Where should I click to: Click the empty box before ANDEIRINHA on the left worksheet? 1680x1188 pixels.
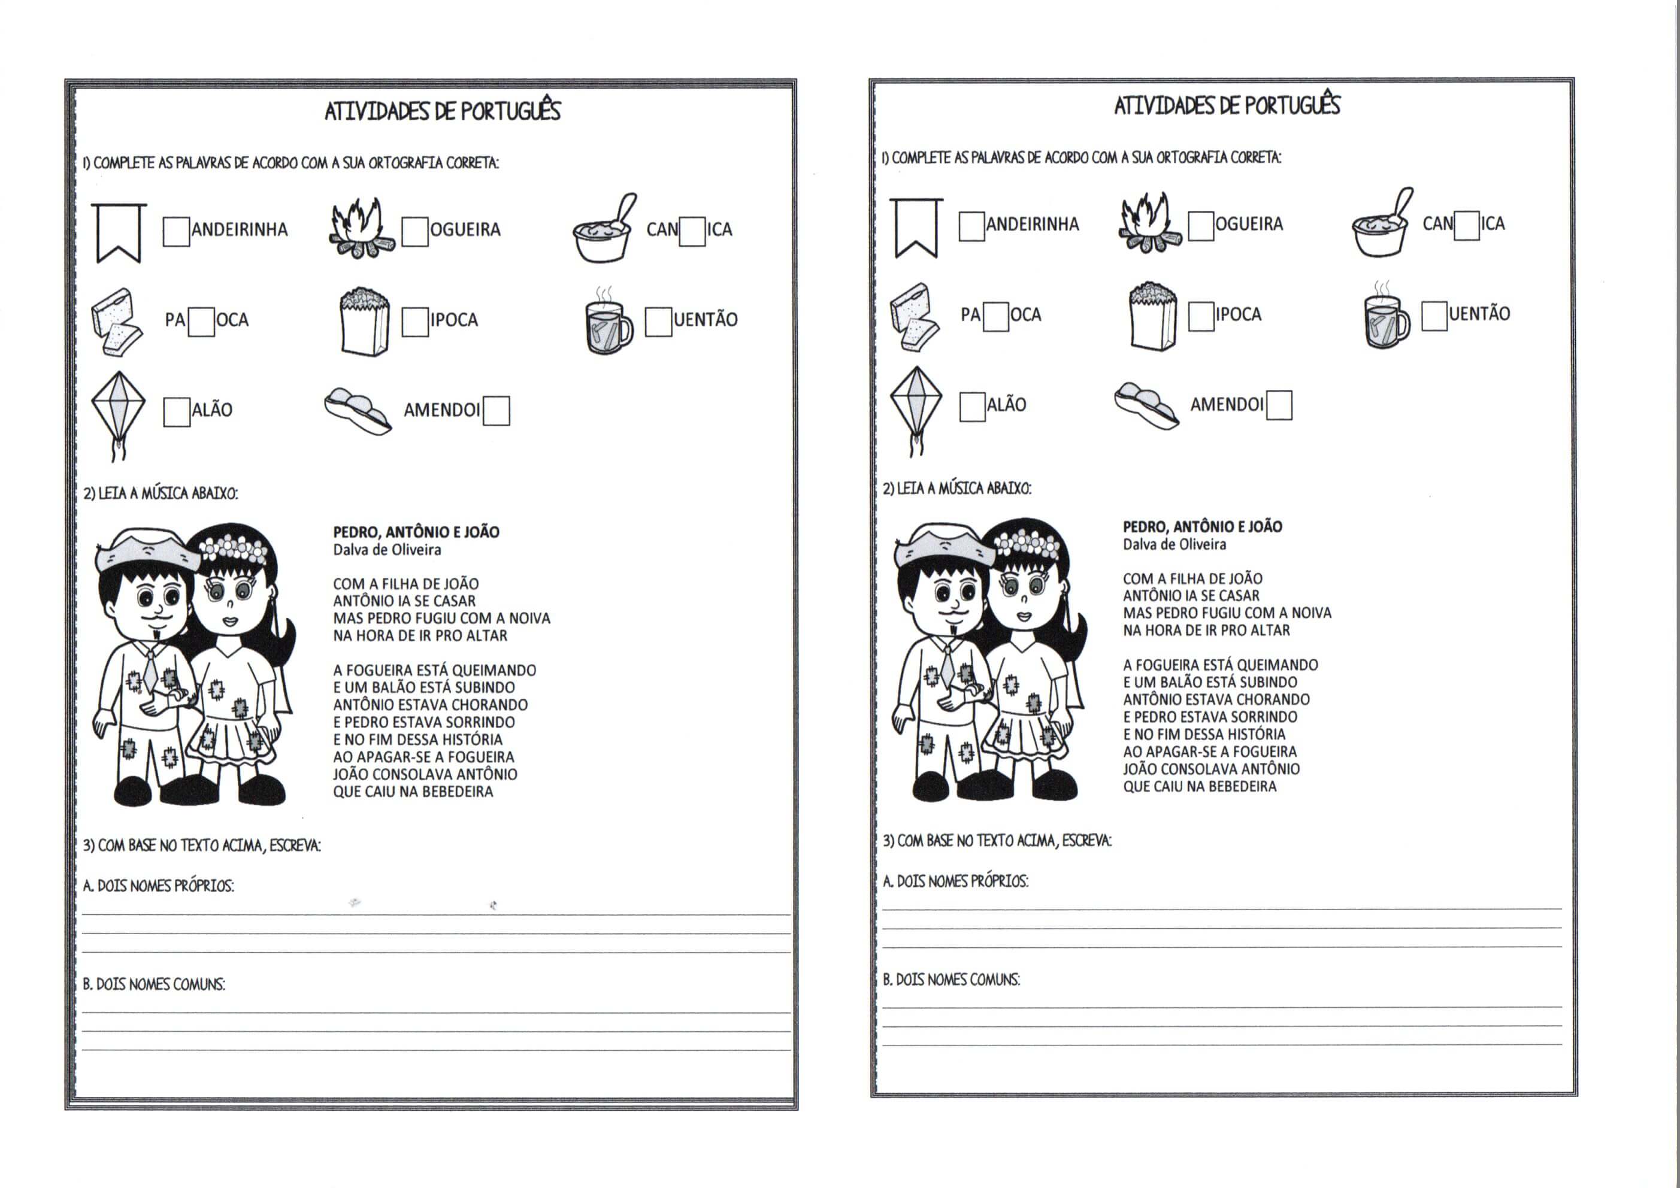175,231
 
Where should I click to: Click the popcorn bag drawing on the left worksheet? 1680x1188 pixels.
364,322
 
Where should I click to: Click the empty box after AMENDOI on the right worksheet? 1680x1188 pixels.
1279,405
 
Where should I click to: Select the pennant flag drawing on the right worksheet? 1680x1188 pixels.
915,228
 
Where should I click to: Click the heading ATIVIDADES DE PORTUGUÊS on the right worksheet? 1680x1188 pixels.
1227,106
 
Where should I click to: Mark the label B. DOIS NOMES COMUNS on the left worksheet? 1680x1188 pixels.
154,984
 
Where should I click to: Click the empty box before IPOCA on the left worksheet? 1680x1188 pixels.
415,322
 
